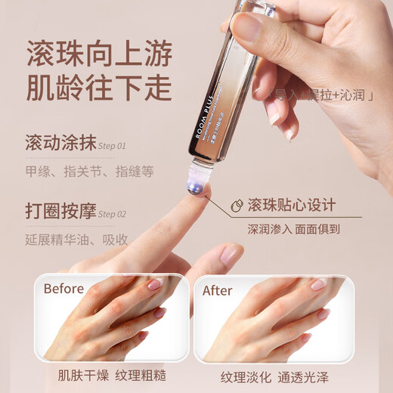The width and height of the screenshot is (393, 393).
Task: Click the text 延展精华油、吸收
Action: (76, 240)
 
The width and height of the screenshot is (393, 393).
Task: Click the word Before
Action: (64, 288)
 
